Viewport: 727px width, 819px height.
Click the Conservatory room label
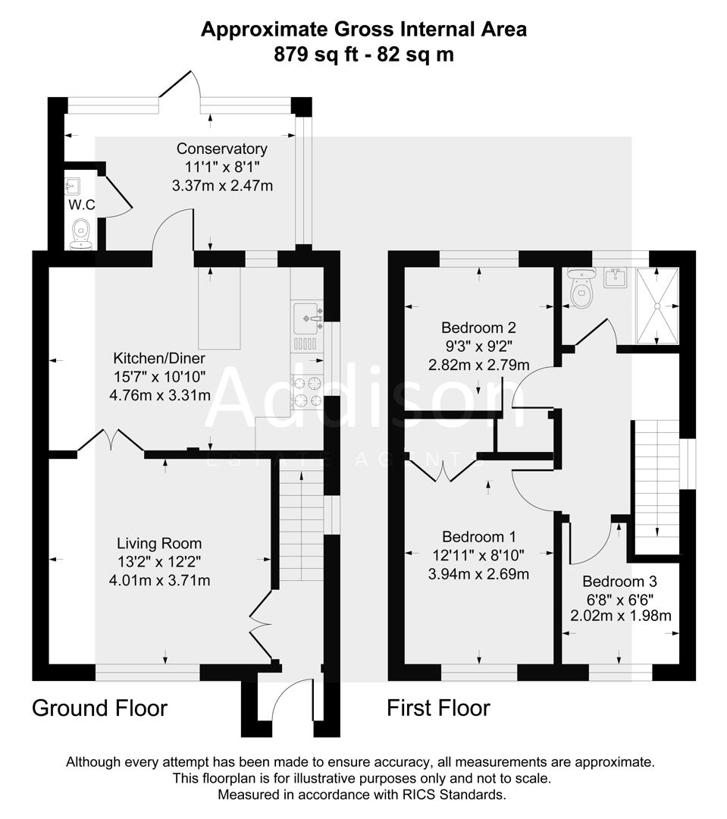point(221,149)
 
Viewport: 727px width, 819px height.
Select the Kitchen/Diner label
point(159,358)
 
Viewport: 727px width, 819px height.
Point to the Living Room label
point(159,543)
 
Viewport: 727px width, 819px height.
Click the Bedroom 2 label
point(478,328)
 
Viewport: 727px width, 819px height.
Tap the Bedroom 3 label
point(619,582)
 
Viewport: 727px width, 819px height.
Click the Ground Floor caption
point(99,708)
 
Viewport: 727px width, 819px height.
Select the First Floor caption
point(438,708)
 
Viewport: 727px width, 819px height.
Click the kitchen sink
point(306,313)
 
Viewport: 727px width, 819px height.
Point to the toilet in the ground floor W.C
point(80,234)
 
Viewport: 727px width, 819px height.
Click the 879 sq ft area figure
point(316,54)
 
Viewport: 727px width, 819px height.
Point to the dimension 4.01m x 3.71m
point(159,581)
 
